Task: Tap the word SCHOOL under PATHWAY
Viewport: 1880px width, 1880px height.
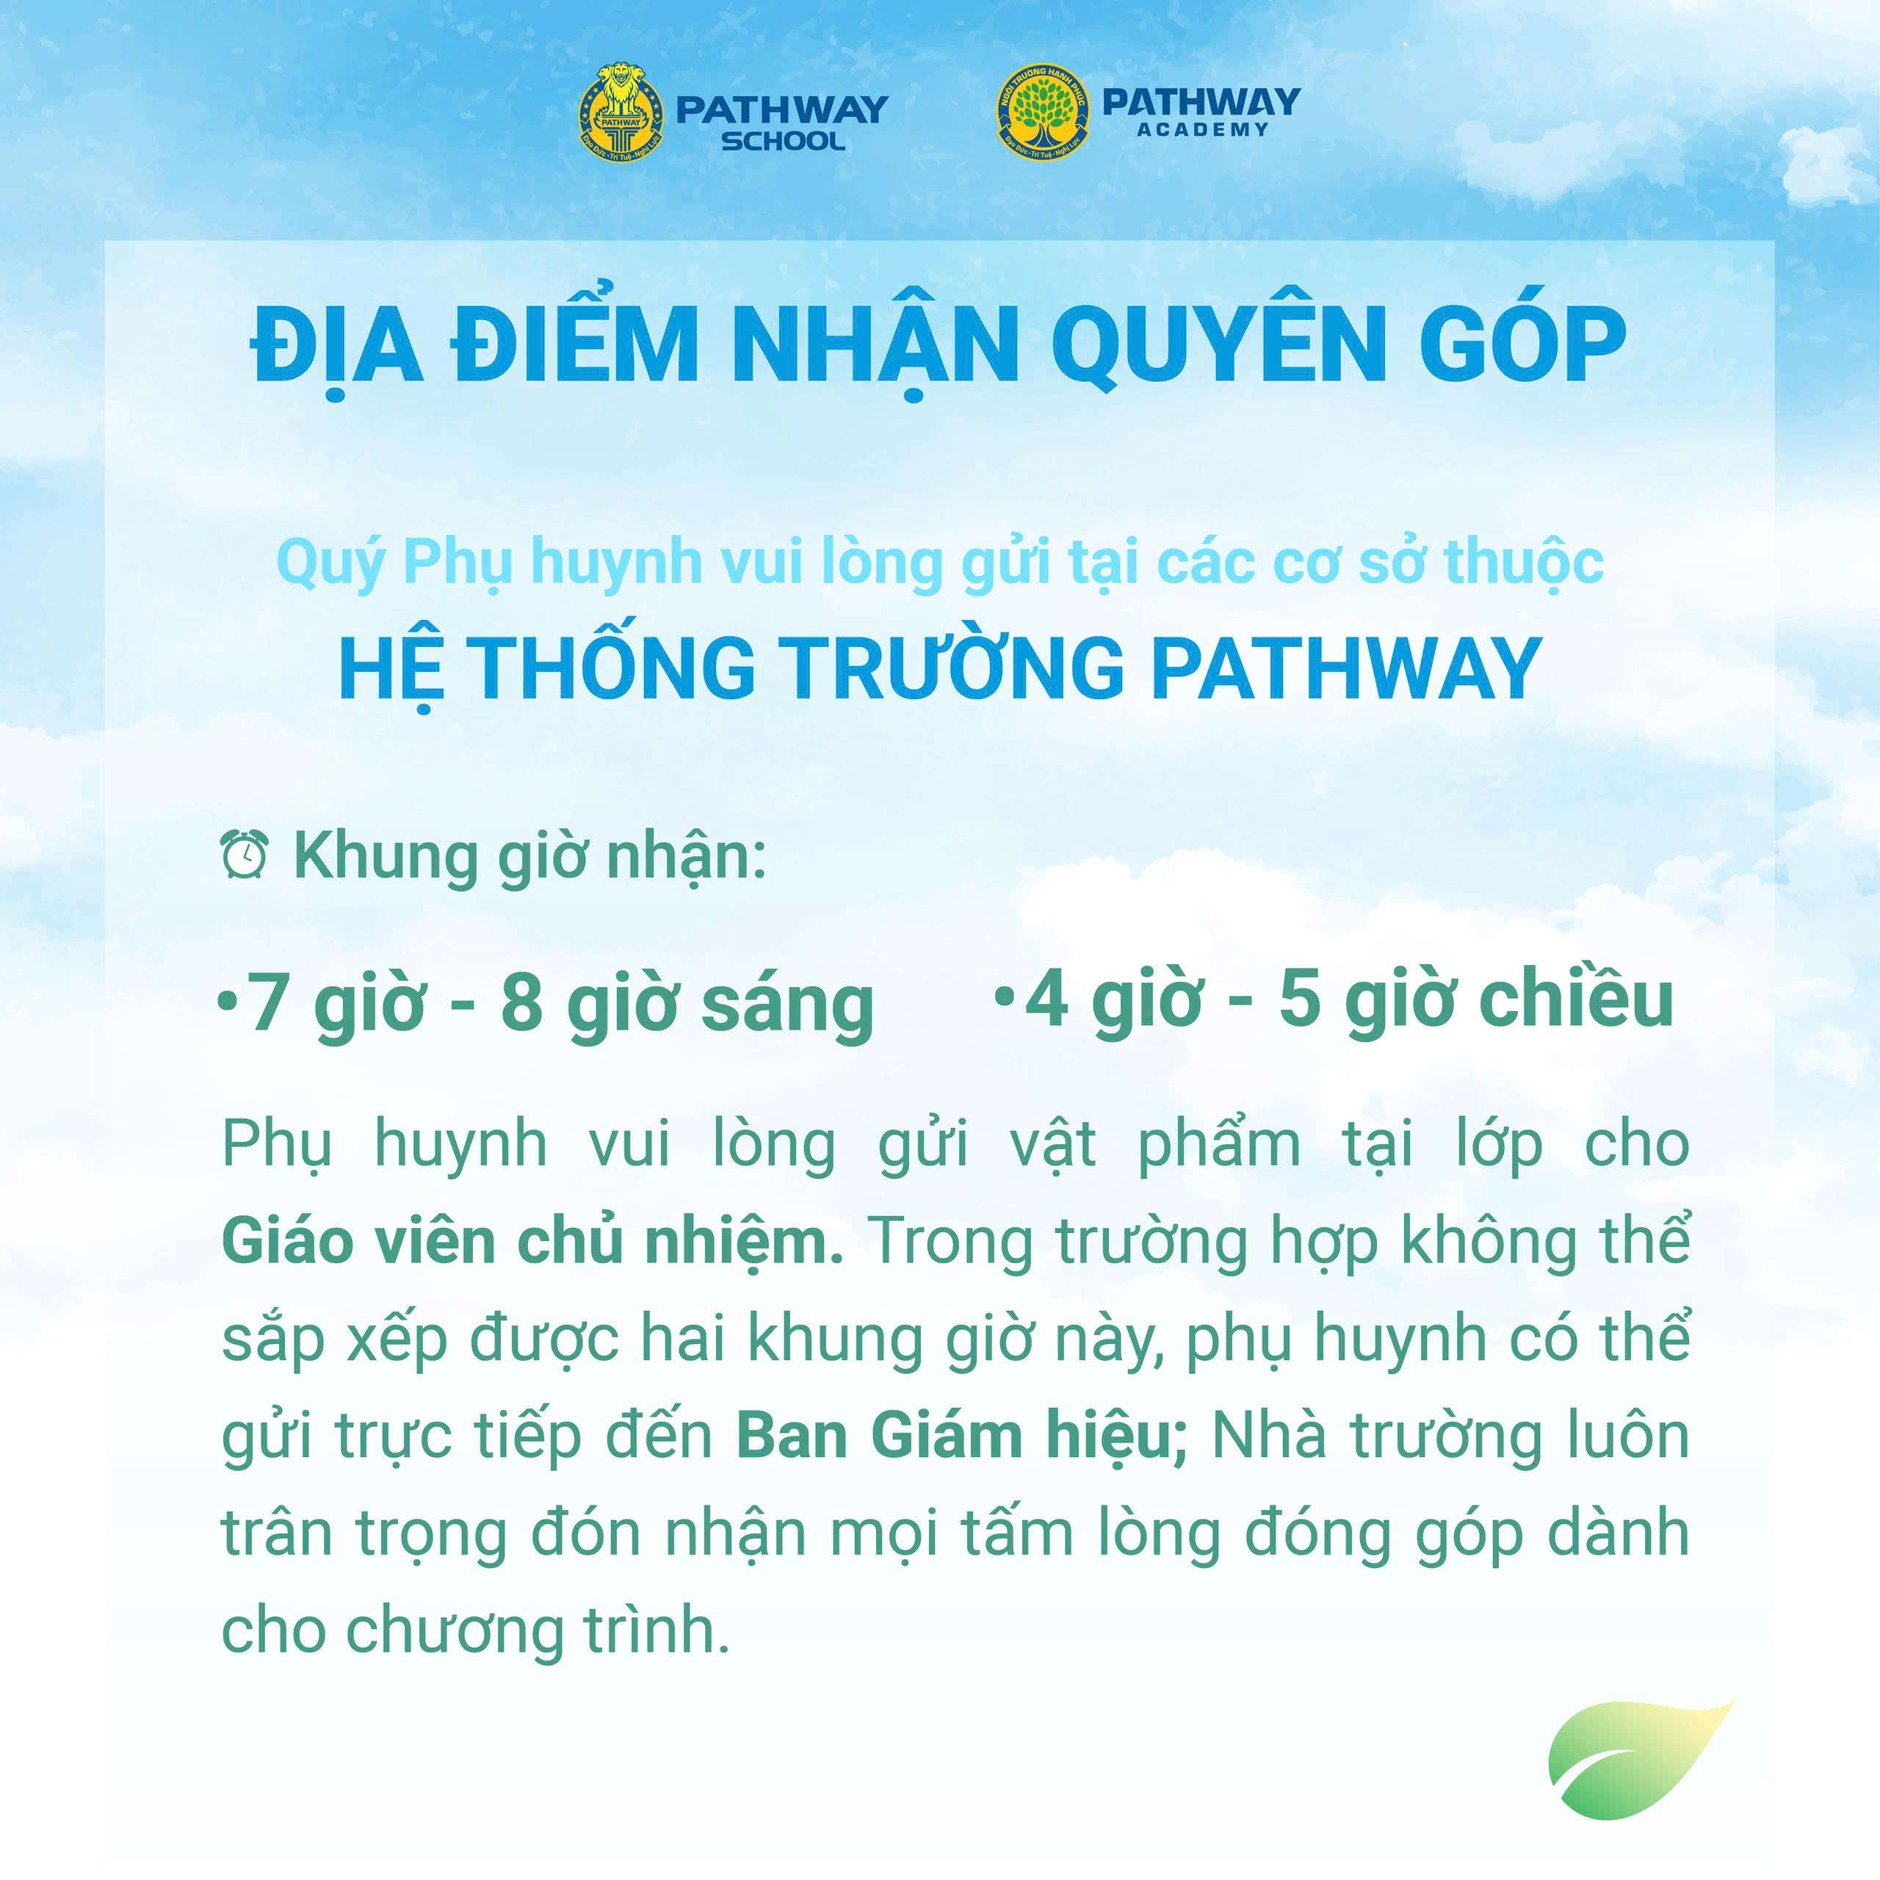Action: point(782,141)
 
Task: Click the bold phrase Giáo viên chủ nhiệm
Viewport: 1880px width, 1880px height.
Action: point(532,1243)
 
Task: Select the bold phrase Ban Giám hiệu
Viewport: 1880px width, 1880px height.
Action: point(961,1436)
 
